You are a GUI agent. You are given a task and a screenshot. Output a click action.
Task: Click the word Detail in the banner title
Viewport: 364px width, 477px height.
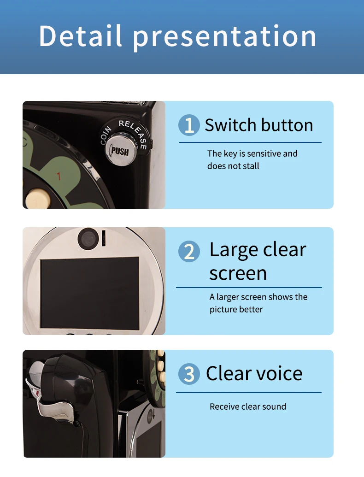80,35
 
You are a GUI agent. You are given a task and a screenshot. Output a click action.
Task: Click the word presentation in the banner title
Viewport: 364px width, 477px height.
225,37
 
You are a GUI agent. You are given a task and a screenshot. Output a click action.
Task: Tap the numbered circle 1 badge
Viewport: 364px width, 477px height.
189,125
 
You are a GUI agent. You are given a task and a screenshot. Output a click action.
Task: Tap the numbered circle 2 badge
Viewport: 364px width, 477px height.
189,251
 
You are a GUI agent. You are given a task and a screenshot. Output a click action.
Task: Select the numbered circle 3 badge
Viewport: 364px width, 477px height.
189,374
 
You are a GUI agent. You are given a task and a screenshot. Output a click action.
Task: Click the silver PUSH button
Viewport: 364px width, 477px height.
119,150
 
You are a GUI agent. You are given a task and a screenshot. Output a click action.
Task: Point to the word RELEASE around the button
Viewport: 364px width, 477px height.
134,133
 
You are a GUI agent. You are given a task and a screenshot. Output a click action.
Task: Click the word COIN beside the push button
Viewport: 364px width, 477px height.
106,135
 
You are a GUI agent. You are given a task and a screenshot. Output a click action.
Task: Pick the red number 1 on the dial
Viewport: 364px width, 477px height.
59,176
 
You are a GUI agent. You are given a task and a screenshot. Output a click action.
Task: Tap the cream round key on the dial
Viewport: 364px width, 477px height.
37,199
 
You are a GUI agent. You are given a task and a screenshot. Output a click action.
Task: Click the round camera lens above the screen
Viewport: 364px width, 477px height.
88,238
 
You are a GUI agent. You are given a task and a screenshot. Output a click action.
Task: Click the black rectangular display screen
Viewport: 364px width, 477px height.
90,294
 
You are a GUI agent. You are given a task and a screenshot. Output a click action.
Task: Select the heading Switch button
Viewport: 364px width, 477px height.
259,125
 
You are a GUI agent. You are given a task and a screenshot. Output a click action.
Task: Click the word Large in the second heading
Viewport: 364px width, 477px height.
234,250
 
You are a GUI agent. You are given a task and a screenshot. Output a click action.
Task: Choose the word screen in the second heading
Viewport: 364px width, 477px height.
238,274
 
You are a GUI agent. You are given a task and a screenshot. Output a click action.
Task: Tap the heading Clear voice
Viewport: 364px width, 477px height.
254,373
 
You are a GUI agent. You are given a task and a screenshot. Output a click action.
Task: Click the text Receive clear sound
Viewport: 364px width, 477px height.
248,406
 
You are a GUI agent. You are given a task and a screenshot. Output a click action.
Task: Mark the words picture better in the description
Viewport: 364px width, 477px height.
236,309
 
